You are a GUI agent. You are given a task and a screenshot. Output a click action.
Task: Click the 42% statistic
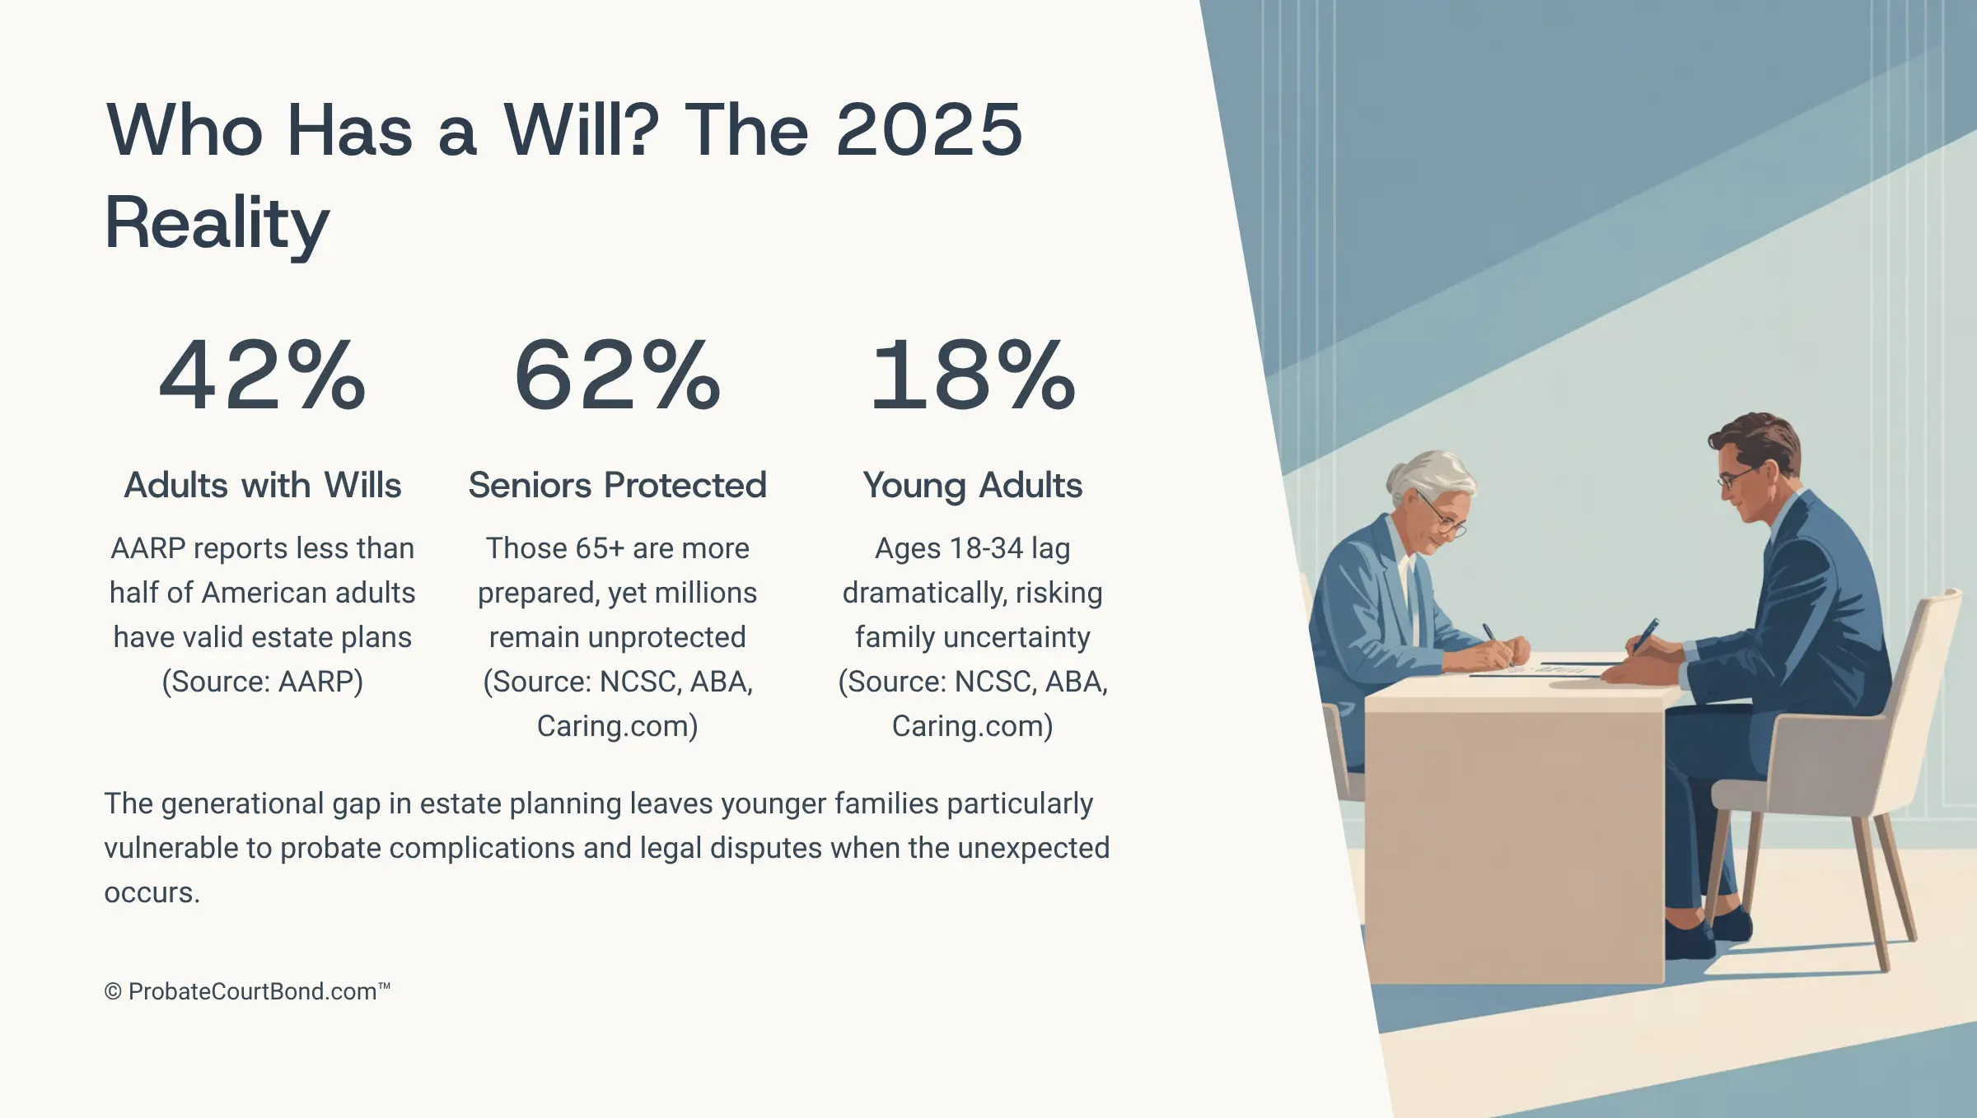click(263, 375)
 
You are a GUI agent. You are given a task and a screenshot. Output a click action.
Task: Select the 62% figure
click(618, 375)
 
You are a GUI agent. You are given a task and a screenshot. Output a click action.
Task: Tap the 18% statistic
click(973, 375)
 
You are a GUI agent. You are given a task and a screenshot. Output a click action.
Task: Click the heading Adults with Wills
click(263, 485)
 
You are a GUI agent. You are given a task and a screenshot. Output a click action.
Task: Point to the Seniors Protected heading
click(618, 485)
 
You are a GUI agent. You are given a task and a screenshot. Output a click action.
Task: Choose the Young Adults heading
click(973, 486)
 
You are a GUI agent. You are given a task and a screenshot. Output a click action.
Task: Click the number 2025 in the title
click(929, 130)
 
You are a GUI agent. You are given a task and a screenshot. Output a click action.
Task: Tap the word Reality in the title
click(217, 224)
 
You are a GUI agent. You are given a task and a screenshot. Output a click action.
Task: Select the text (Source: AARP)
click(263, 682)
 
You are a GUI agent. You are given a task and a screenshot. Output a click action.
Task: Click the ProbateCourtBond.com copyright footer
click(247, 991)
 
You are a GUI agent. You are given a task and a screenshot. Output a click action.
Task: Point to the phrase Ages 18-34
click(949, 549)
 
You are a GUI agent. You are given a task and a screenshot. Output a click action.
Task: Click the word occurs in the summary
click(152, 892)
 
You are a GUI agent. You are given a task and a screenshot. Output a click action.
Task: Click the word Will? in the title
click(581, 130)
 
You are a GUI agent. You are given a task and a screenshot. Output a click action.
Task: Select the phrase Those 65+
click(555, 548)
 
